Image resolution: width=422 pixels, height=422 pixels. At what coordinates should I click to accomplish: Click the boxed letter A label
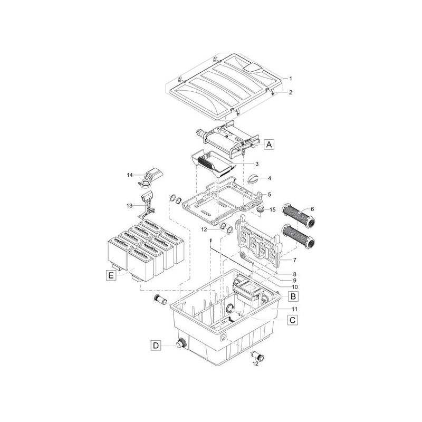tap(270, 143)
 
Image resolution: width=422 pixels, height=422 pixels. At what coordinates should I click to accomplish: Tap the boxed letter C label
tap(292, 319)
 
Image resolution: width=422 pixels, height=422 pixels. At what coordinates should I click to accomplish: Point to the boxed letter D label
tap(155, 346)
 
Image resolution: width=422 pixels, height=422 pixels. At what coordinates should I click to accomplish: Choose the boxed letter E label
tap(110, 275)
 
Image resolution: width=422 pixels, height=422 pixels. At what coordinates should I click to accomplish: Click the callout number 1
tap(290, 78)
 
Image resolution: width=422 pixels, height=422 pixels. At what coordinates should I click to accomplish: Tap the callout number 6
tap(312, 209)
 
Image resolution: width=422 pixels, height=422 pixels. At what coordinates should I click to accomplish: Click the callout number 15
tap(272, 210)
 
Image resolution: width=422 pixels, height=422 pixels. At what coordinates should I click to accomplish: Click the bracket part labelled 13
tap(146, 205)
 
